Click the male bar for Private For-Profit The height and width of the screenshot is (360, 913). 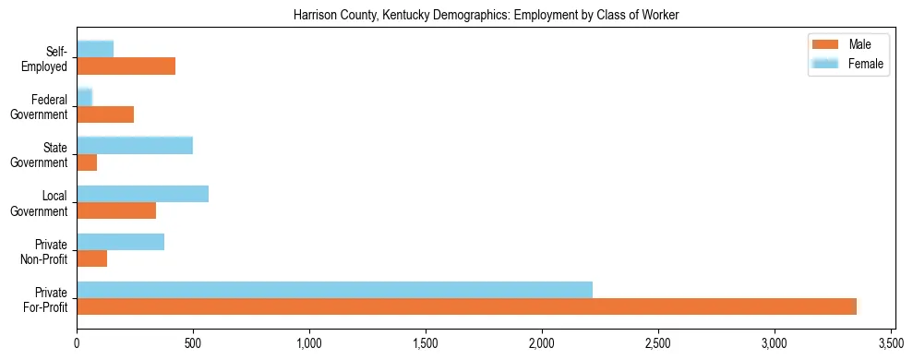click(x=466, y=306)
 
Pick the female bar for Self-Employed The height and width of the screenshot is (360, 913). click(x=95, y=49)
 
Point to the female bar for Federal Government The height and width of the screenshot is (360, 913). click(x=84, y=97)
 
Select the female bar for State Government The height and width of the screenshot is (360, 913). click(x=135, y=145)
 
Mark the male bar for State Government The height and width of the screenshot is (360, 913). click(x=87, y=162)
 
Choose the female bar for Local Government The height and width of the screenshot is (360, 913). click(x=142, y=193)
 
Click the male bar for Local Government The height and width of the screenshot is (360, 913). click(x=116, y=210)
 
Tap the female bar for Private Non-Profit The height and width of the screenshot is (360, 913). click(x=120, y=242)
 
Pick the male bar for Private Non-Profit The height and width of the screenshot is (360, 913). click(x=91, y=258)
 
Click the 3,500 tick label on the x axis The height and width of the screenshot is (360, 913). click(x=890, y=344)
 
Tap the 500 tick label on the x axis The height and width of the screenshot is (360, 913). click(x=193, y=344)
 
